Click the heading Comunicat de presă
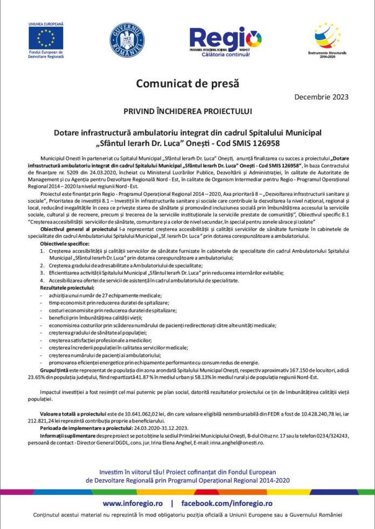pyautogui.click(x=187, y=83)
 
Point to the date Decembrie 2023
pyautogui.click(x=322, y=97)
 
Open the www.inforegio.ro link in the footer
pyautogui.click(x=135, y=503)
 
